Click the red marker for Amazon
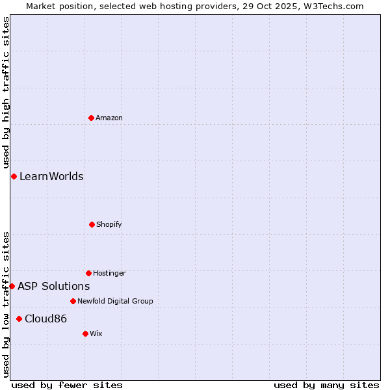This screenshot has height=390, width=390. (x=91, y=118)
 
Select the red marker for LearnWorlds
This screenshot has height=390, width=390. (x=14, y=176)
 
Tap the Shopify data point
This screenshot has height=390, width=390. (x=92, y=224)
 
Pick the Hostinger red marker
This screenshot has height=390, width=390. (x=88, y=273)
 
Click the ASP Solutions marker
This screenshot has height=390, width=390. (x=12, y=286)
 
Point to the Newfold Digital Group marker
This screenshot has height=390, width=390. (x=73, y=301)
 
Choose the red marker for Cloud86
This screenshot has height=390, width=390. (x=19, y=318)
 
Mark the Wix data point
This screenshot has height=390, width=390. (x=85, y=333)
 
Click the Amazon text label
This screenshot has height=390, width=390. (x=109, y=118)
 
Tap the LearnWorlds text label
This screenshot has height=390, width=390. (x=51, y=176)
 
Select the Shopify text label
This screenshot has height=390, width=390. (x=109, y=224)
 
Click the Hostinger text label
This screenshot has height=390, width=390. (x=109, y=273)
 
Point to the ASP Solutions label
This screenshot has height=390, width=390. (x=53, y=286)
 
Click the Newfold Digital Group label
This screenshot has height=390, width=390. (x=115, y=301)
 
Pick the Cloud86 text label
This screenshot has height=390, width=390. (x=45, y=318)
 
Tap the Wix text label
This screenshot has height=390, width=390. (x=96, y=333)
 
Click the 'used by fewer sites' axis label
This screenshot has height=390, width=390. (x=67, y=385)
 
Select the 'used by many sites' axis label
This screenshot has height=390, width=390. (x=326, y=385)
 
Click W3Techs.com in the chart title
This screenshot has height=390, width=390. (x=331, y=6)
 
